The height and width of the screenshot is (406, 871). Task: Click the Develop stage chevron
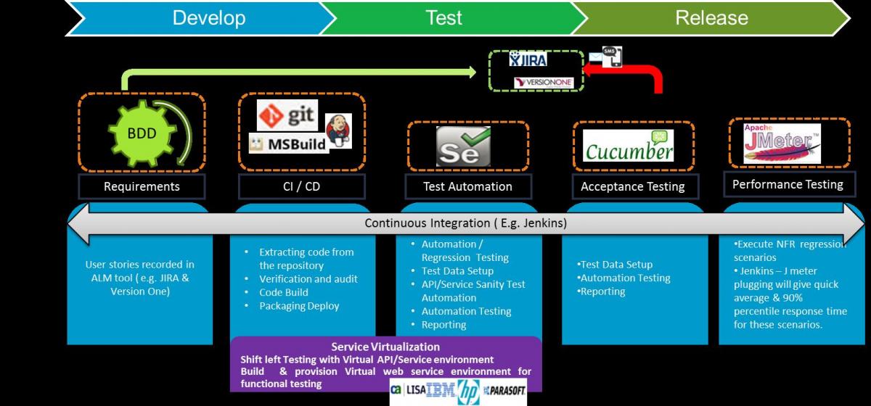[208, 17]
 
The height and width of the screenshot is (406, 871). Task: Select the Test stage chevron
[443, 17]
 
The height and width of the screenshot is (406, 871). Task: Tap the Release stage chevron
[711, 17]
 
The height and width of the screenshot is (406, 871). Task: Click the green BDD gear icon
[142, 133]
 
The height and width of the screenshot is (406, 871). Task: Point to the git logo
[289, 116]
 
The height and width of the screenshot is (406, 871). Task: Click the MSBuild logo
[287, 143]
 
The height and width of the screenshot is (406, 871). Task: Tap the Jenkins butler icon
[338, 130]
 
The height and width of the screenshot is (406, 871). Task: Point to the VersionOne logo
[544, 83]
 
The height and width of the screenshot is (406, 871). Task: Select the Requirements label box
[142, 186]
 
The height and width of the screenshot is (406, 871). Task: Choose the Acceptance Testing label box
[632, 186]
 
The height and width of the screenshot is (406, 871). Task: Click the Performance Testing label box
[788, 184]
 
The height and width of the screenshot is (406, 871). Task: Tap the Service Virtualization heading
[385, 347]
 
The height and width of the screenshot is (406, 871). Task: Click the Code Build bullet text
[284, 292]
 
